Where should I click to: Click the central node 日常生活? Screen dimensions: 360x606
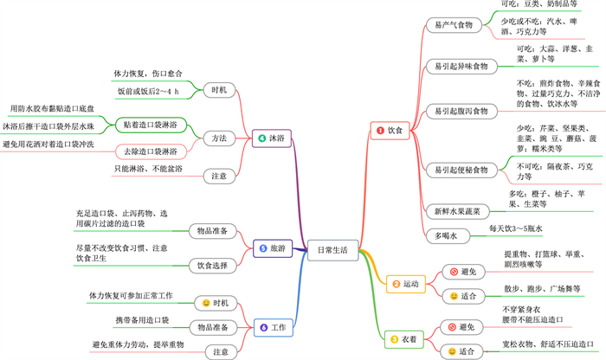coord(332,249)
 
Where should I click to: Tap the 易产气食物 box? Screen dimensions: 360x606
coord(453,24)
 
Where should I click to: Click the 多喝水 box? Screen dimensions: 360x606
coord(447,235)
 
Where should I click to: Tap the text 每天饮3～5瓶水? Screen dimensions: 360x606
coord(517,228)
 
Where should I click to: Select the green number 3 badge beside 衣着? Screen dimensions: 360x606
coord(395,340)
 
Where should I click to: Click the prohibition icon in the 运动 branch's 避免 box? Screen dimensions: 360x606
coord(454,273)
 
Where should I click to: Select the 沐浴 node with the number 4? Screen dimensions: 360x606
coord(270,138)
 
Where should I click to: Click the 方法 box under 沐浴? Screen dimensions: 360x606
coord(220,138)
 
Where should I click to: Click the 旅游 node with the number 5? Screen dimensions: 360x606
coord(270,249)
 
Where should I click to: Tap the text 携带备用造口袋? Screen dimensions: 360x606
coord(142,320)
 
